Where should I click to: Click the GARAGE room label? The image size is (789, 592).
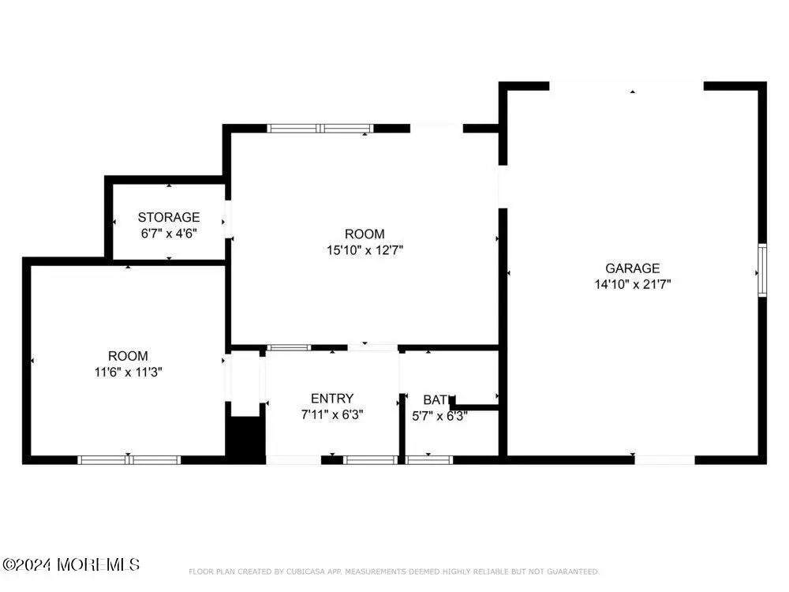[632, 268]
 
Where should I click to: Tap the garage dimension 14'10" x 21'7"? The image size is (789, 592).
[632, 284]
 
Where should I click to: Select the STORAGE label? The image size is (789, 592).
[169, 217]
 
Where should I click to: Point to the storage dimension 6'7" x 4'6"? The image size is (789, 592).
[169, 233]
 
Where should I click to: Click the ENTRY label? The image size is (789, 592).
[332, 399]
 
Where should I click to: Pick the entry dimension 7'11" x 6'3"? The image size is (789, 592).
[332, 414]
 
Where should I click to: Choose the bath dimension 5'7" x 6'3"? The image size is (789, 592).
[440, 415]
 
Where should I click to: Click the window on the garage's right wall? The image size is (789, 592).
[762, 271]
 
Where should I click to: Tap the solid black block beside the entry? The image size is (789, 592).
[245, 439]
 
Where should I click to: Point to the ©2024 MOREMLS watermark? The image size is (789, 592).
[71, 564]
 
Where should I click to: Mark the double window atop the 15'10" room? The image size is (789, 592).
[320, 128]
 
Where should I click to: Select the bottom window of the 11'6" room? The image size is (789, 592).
[129, 459]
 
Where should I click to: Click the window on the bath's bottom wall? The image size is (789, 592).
[429, 459]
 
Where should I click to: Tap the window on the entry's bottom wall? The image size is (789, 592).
[371, 459]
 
